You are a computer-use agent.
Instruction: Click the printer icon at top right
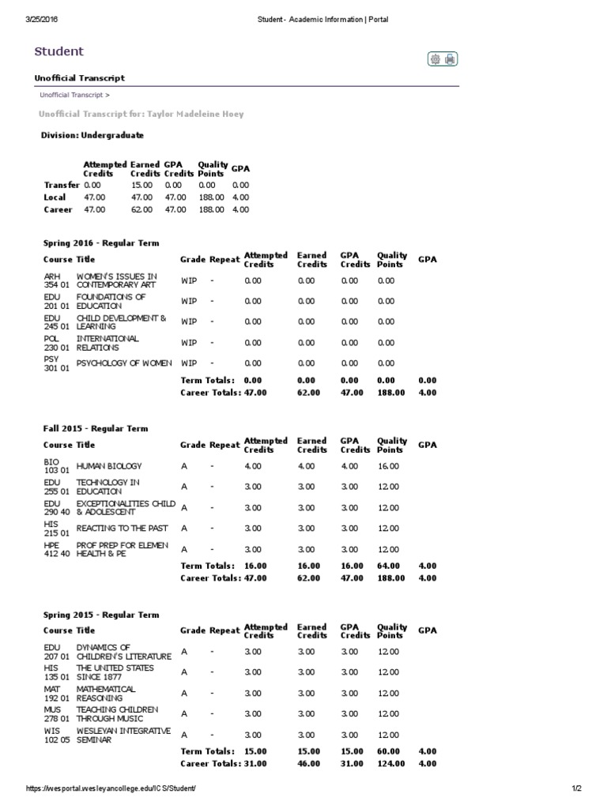[x=450, y=58]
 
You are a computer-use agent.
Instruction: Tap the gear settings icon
[x=434, y=58]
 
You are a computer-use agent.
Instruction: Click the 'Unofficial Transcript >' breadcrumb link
[x=74, y=95]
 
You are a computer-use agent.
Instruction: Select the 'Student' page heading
[x=58, y=51]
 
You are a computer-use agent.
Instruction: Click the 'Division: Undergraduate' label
[x=92, y=136]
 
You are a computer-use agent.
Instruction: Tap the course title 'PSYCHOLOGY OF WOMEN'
[x=124, y=363]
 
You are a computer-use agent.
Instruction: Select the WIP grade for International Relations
[x=189, y=343]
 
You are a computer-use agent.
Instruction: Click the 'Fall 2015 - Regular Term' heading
[x=96, y=429]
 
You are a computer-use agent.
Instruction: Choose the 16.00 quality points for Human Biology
[x=388, y=466]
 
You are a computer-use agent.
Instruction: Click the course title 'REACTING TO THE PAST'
[x=120, y=528]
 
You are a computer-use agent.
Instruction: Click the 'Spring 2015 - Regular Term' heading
[x=101, y=615]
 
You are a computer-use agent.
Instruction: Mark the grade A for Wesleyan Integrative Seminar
[x=184, y=735]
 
